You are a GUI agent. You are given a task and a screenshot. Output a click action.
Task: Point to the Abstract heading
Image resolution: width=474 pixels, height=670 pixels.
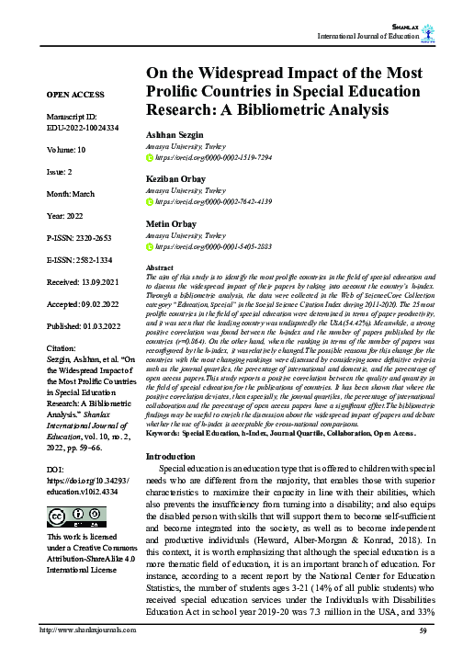pos(161,267)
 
